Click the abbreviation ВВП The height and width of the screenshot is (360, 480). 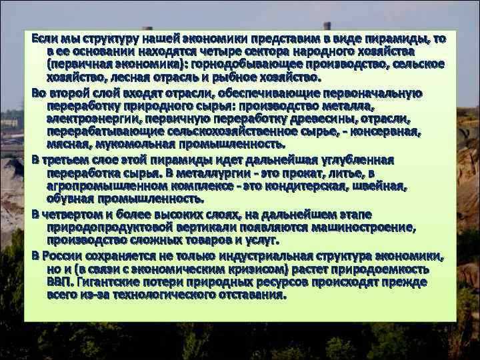(58, 281)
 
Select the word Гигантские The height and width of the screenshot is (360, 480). (114, 281)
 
